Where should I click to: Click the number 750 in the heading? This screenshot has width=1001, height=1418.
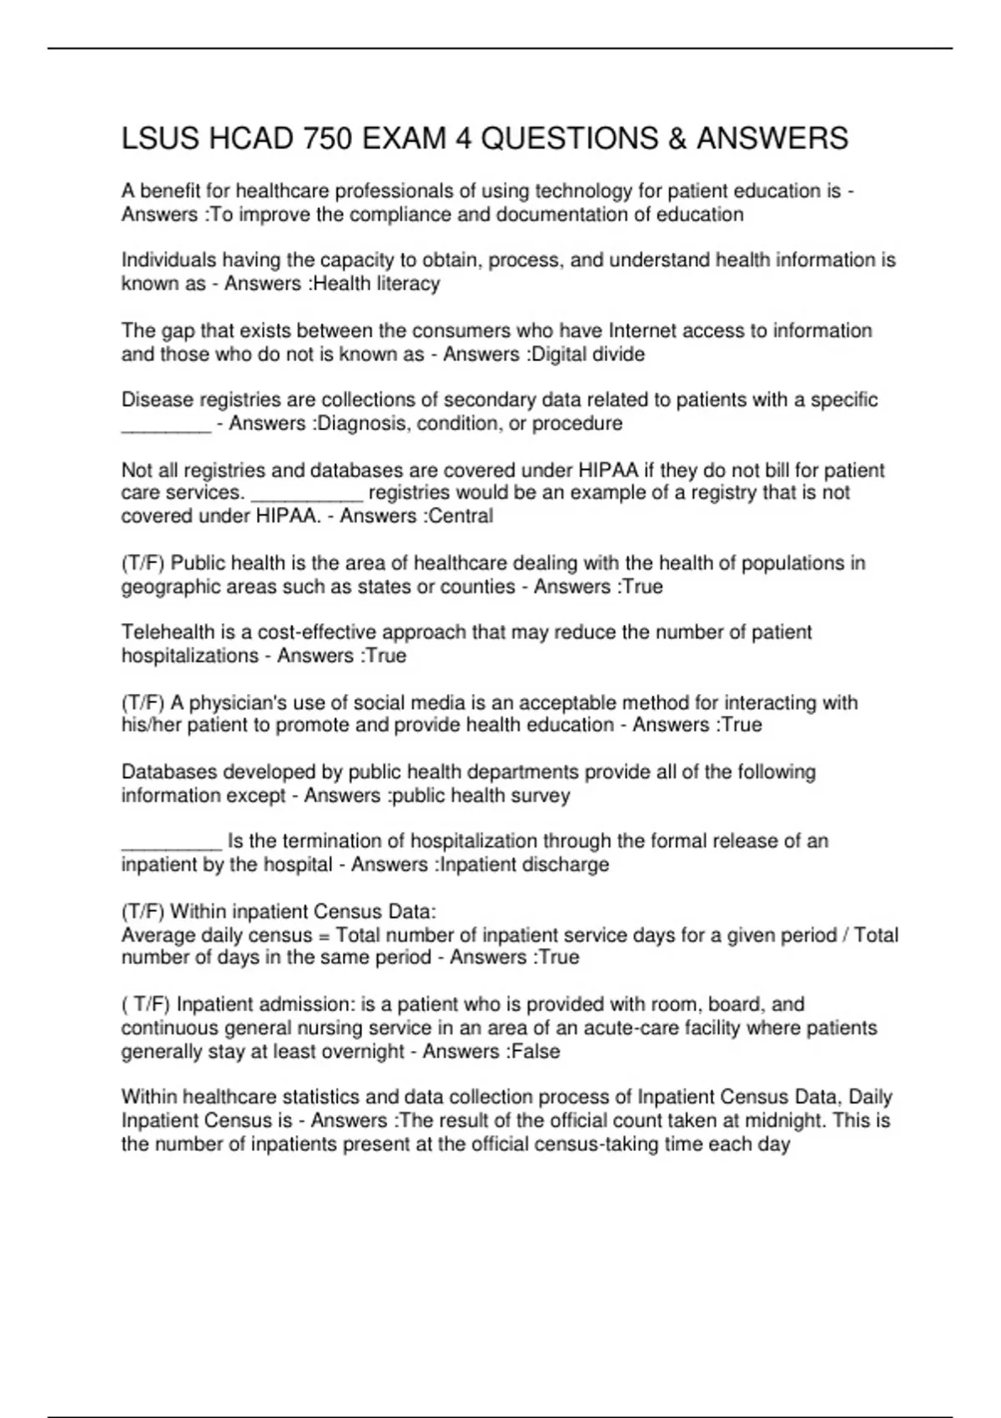[x=327, y=138]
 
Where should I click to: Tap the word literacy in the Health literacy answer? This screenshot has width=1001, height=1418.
[x=409, y=284]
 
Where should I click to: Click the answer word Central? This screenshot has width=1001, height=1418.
[x=460, y=516]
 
